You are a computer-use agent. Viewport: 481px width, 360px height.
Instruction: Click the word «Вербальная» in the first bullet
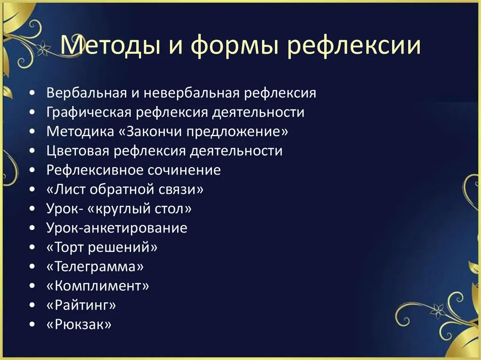pyautogui.click(x=86, y=92)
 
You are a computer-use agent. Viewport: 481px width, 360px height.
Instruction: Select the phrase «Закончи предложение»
pyautogui.click(x=204, y=131)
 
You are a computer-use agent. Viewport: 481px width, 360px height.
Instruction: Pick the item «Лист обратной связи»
pyautogui.click(x=125, y=190)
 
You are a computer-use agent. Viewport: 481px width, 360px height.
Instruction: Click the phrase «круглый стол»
pyautogui.click(x=140, y=209)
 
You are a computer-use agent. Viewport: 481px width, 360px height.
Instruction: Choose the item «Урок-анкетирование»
pyautogui.click(x=117, y=228)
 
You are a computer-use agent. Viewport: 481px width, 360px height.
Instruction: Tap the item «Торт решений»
pyautogui.click(x=102, y=247)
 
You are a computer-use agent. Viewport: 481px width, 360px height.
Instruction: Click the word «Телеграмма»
pyautogui.click(x=95, y=267)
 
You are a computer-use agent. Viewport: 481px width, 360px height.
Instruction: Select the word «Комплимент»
pyautogui.click(x=98, y=286)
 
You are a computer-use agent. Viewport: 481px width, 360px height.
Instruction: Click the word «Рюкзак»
pyautogui.click(x=79, y=324)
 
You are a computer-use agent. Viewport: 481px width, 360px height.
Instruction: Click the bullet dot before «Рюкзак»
pyautogui.click(x=32, y=324)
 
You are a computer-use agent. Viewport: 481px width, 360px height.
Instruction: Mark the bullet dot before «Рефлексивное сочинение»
pyautogui.click(x=32, y=170)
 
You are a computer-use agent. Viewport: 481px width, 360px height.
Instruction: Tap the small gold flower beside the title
pyautogui.click(x=43, y=48)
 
